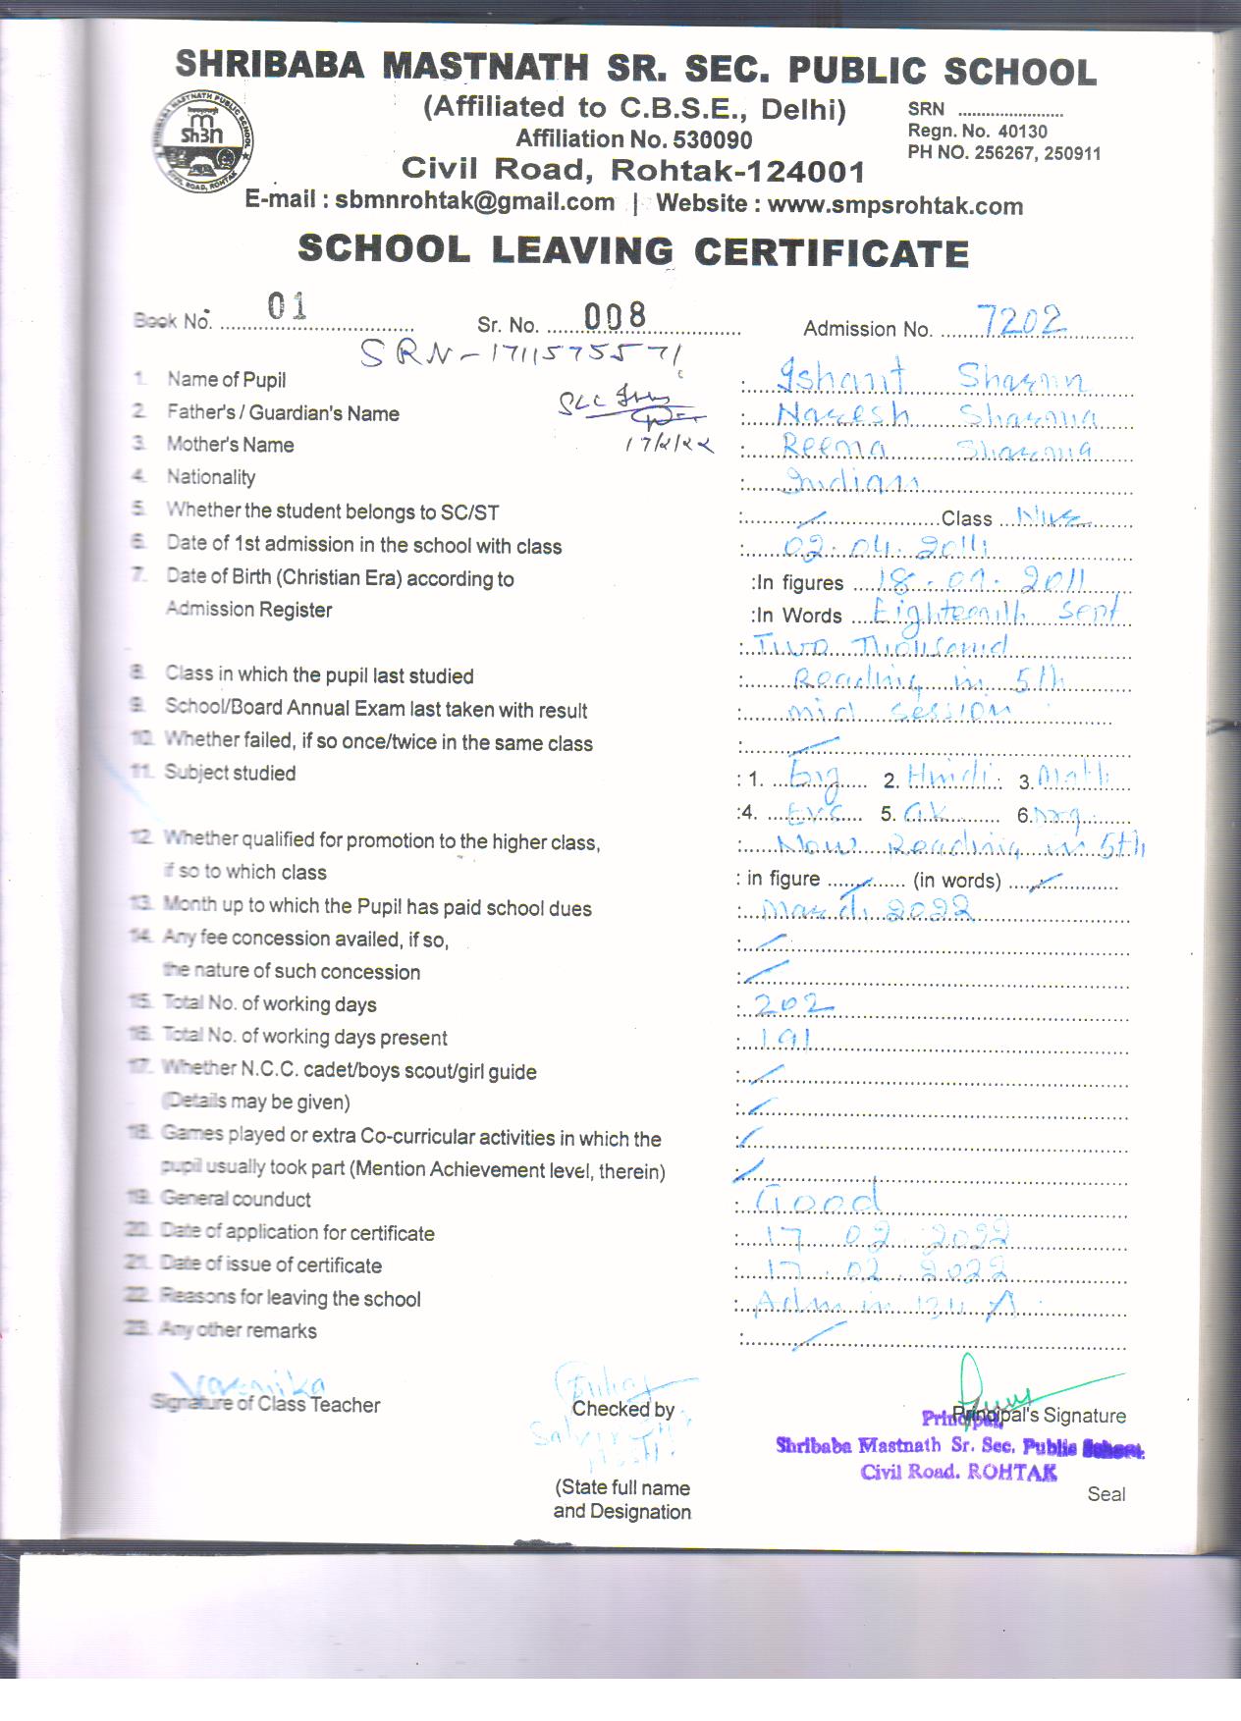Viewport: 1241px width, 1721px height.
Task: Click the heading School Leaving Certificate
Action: [633, 251]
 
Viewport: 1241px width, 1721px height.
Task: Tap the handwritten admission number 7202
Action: [1022, 320]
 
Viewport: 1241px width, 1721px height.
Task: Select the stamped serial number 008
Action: [616, 316]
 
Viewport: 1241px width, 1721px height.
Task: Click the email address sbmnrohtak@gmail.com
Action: [474, 201]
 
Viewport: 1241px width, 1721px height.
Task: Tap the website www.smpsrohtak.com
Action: [894, 205]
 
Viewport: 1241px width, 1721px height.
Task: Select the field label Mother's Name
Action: [230, 445]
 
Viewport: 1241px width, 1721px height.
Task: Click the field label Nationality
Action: [210, 477]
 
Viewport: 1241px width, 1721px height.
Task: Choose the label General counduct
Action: [236, 1199]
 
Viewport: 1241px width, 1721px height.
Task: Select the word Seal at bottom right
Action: [1106, 1494]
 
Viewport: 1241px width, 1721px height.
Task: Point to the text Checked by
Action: [622, 1409]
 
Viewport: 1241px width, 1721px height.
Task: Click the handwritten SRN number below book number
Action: [521, 351]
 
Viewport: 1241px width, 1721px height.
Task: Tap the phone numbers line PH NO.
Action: [1003, 153]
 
